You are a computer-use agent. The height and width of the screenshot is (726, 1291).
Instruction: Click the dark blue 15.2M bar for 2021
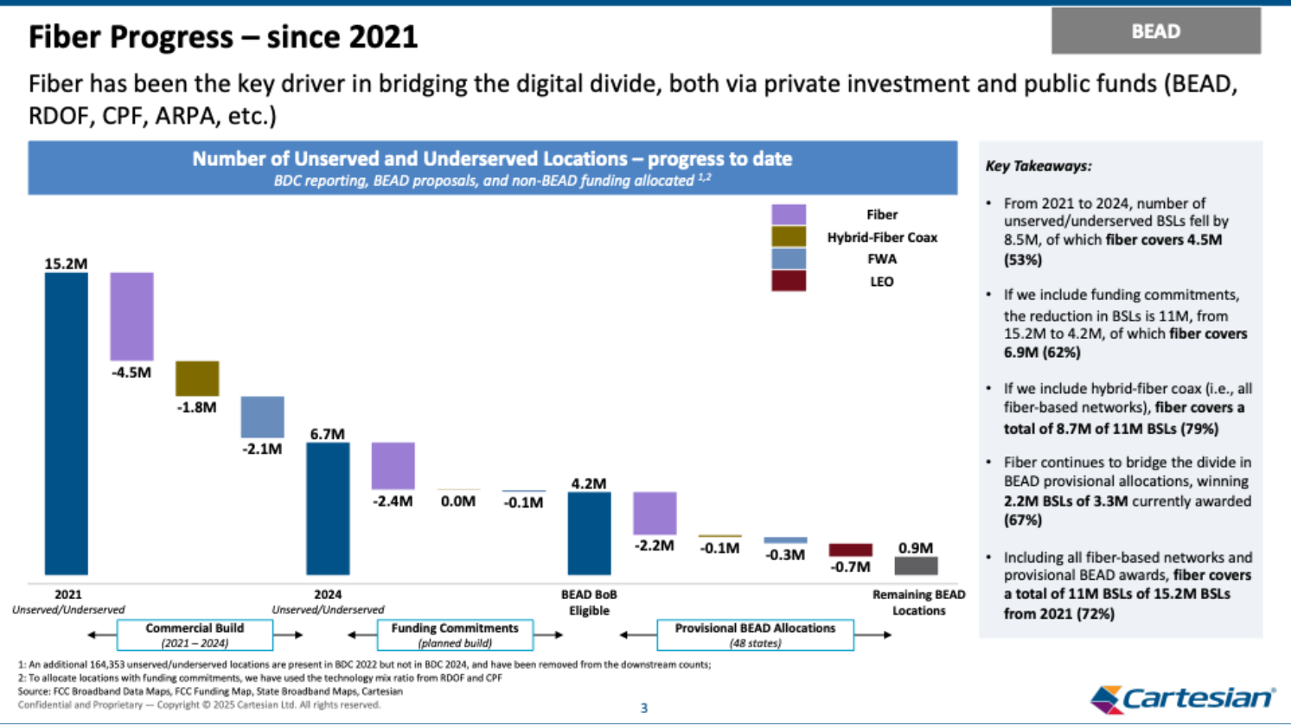coord(67,423)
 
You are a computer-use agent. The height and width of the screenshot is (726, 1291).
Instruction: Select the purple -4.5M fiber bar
coord(131,316)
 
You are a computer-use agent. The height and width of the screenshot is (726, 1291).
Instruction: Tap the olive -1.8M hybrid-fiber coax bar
coord(197,379)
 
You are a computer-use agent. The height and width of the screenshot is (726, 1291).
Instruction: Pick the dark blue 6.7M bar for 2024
coord(328,508)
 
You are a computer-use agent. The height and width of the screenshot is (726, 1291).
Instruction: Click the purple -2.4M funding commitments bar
coord(393,466)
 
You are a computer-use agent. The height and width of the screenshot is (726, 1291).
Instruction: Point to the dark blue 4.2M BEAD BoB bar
coord(589,533)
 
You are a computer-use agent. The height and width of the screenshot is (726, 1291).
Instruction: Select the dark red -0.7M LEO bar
coord(850,550)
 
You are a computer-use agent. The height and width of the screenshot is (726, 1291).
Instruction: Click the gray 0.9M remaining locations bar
coord(916,566)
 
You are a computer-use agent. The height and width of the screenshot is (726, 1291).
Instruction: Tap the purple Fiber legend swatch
coord(789,214)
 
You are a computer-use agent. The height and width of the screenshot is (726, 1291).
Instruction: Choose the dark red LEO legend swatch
coord(789,281)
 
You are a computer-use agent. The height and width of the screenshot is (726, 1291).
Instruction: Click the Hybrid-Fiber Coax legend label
coord(882,237)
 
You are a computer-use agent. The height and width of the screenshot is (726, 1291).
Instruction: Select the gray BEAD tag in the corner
coord(1155,31)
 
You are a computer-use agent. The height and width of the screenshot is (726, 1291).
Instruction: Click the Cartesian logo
coord(1182,698)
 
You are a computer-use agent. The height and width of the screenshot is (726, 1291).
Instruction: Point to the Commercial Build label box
coord(195,634)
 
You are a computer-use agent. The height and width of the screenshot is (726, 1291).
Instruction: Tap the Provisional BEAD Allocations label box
coord(755,634)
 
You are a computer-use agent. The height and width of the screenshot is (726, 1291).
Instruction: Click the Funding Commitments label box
coord(455,634)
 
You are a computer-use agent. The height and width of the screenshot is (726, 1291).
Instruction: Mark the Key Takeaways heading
coord(1039,166)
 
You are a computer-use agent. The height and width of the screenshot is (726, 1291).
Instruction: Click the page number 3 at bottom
coord(643,708)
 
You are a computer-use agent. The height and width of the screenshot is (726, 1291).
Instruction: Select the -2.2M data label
coord(654,545)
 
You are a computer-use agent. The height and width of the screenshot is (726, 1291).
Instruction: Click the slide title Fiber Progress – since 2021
coord(223,37)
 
